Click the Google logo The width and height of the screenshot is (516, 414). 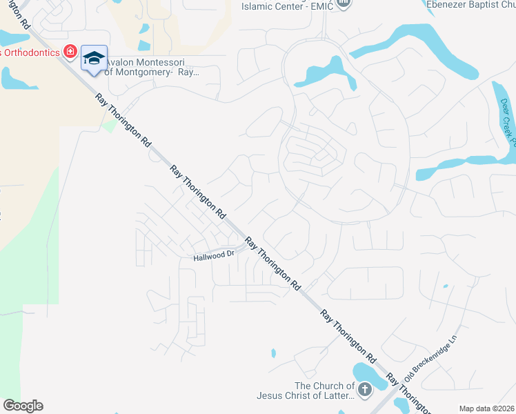tap(23, 406)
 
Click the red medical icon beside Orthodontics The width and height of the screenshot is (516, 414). tap(70, 51)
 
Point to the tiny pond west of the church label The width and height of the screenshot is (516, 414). tap(274, 353)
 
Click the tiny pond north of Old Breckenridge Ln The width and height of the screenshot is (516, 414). tap(445, 286)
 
